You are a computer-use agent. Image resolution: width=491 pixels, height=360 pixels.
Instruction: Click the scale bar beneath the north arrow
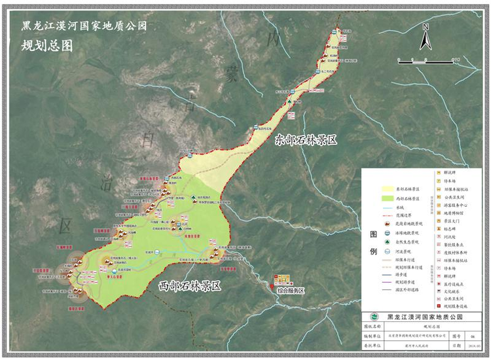point(425,60)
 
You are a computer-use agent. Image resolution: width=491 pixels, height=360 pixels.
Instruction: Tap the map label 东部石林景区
point(308,139)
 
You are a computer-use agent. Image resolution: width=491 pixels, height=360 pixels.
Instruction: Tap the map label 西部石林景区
point(191,286)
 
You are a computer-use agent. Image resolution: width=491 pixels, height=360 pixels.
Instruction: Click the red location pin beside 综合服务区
point(272,286)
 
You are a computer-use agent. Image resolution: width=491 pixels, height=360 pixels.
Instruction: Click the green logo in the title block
point(374,317)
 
